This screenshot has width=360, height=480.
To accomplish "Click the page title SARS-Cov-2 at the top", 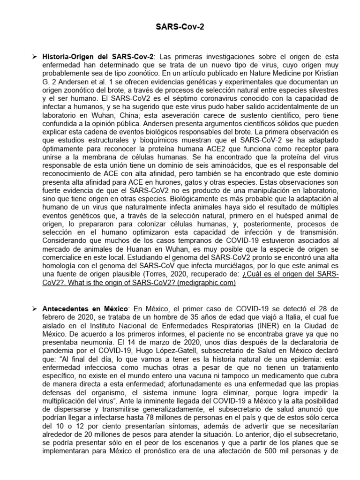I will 180,28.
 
